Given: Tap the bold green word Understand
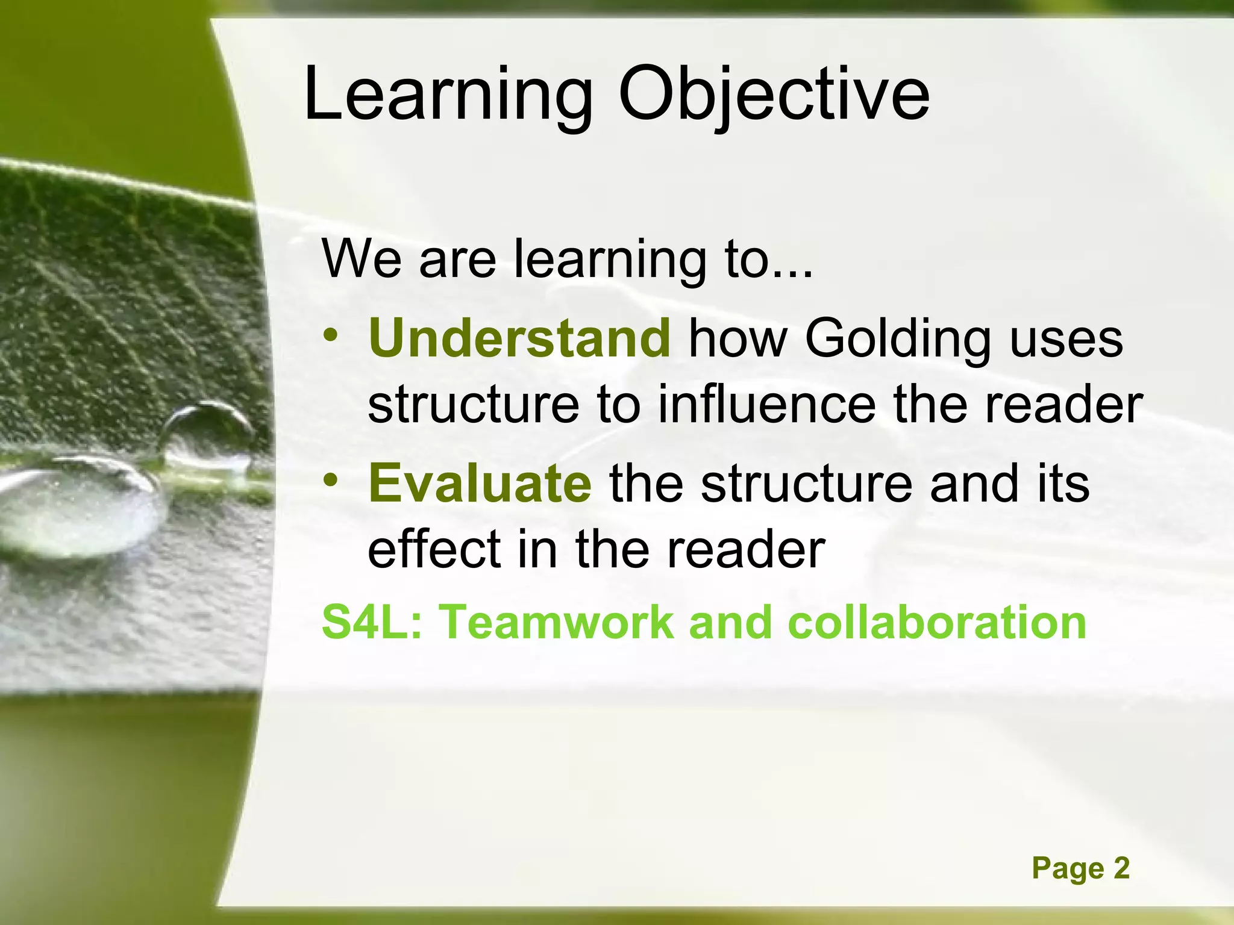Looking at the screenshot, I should pos(519,338).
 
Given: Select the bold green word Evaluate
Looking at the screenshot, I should pos(480,484).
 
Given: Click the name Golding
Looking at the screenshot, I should pos(897,340).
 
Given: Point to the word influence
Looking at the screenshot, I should pos(766,405).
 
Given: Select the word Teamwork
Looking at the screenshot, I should pos(557,622).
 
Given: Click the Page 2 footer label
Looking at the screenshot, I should pos(1080,868).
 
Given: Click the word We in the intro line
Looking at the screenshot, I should pos(361,259).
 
